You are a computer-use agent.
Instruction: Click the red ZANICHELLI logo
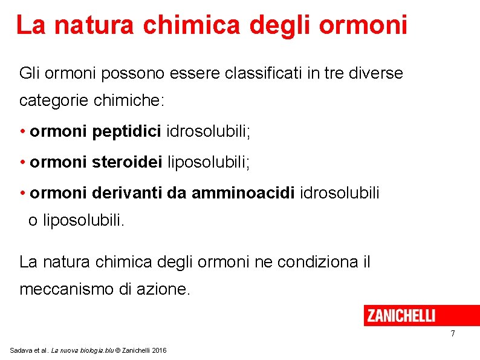[401, 315]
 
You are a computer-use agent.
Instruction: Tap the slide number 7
[452, 334]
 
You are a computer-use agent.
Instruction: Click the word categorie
[54, 100]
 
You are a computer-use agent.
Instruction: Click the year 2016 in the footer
[160, 350]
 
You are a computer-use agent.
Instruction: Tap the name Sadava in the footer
[22, 350]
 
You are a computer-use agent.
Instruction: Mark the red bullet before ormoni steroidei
[22, 162]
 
